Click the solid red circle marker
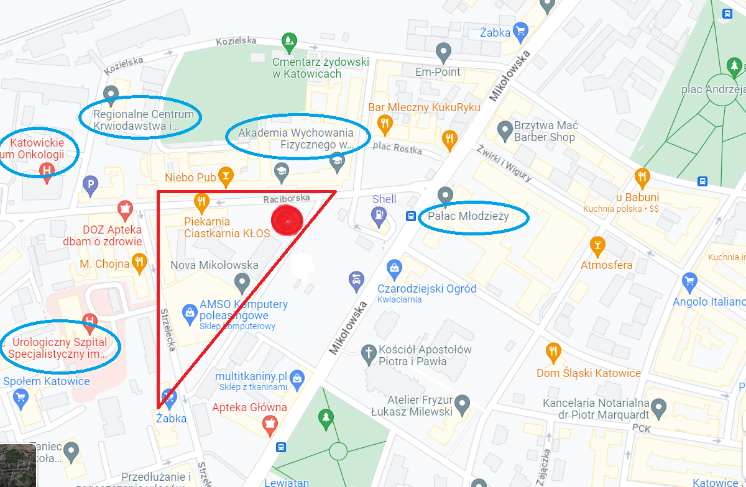pyautogui.click(x=287, y=220)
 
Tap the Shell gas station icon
pyautogui.click(x=377, y=215)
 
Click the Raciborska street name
pyautogui.click(x=286, y=199)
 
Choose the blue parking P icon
pyautogui.click(x=91, y=184)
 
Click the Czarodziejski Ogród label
pyautogui.click(x=427, y=289)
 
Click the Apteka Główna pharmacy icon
pyautogui.click(x=270, y=424)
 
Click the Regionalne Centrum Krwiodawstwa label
pyautogui.click(x=140, y=121)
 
